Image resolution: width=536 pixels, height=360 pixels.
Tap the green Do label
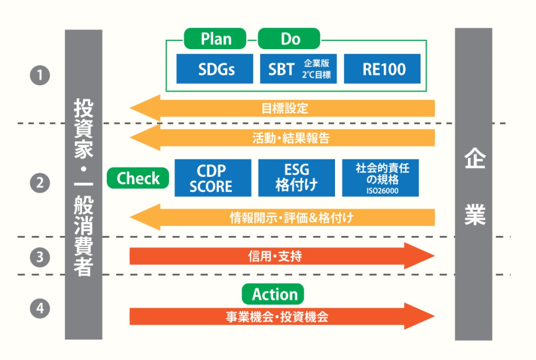coord(289,39)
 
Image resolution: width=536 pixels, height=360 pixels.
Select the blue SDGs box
coord(215,69)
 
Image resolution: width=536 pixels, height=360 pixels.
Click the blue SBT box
coord(296,69)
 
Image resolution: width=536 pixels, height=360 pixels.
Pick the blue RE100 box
coord(383,69)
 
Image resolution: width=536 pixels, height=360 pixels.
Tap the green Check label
coord(138,178)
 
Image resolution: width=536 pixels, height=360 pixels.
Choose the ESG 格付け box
coord(297,178)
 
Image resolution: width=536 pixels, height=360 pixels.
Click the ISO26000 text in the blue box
coord(381,191)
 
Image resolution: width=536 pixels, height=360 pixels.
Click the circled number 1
coord(40,75)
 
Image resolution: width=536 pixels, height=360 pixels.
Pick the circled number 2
coord(40,183)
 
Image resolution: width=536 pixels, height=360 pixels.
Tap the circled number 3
coord(40,257)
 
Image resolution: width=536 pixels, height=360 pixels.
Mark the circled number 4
coord(40,309)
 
